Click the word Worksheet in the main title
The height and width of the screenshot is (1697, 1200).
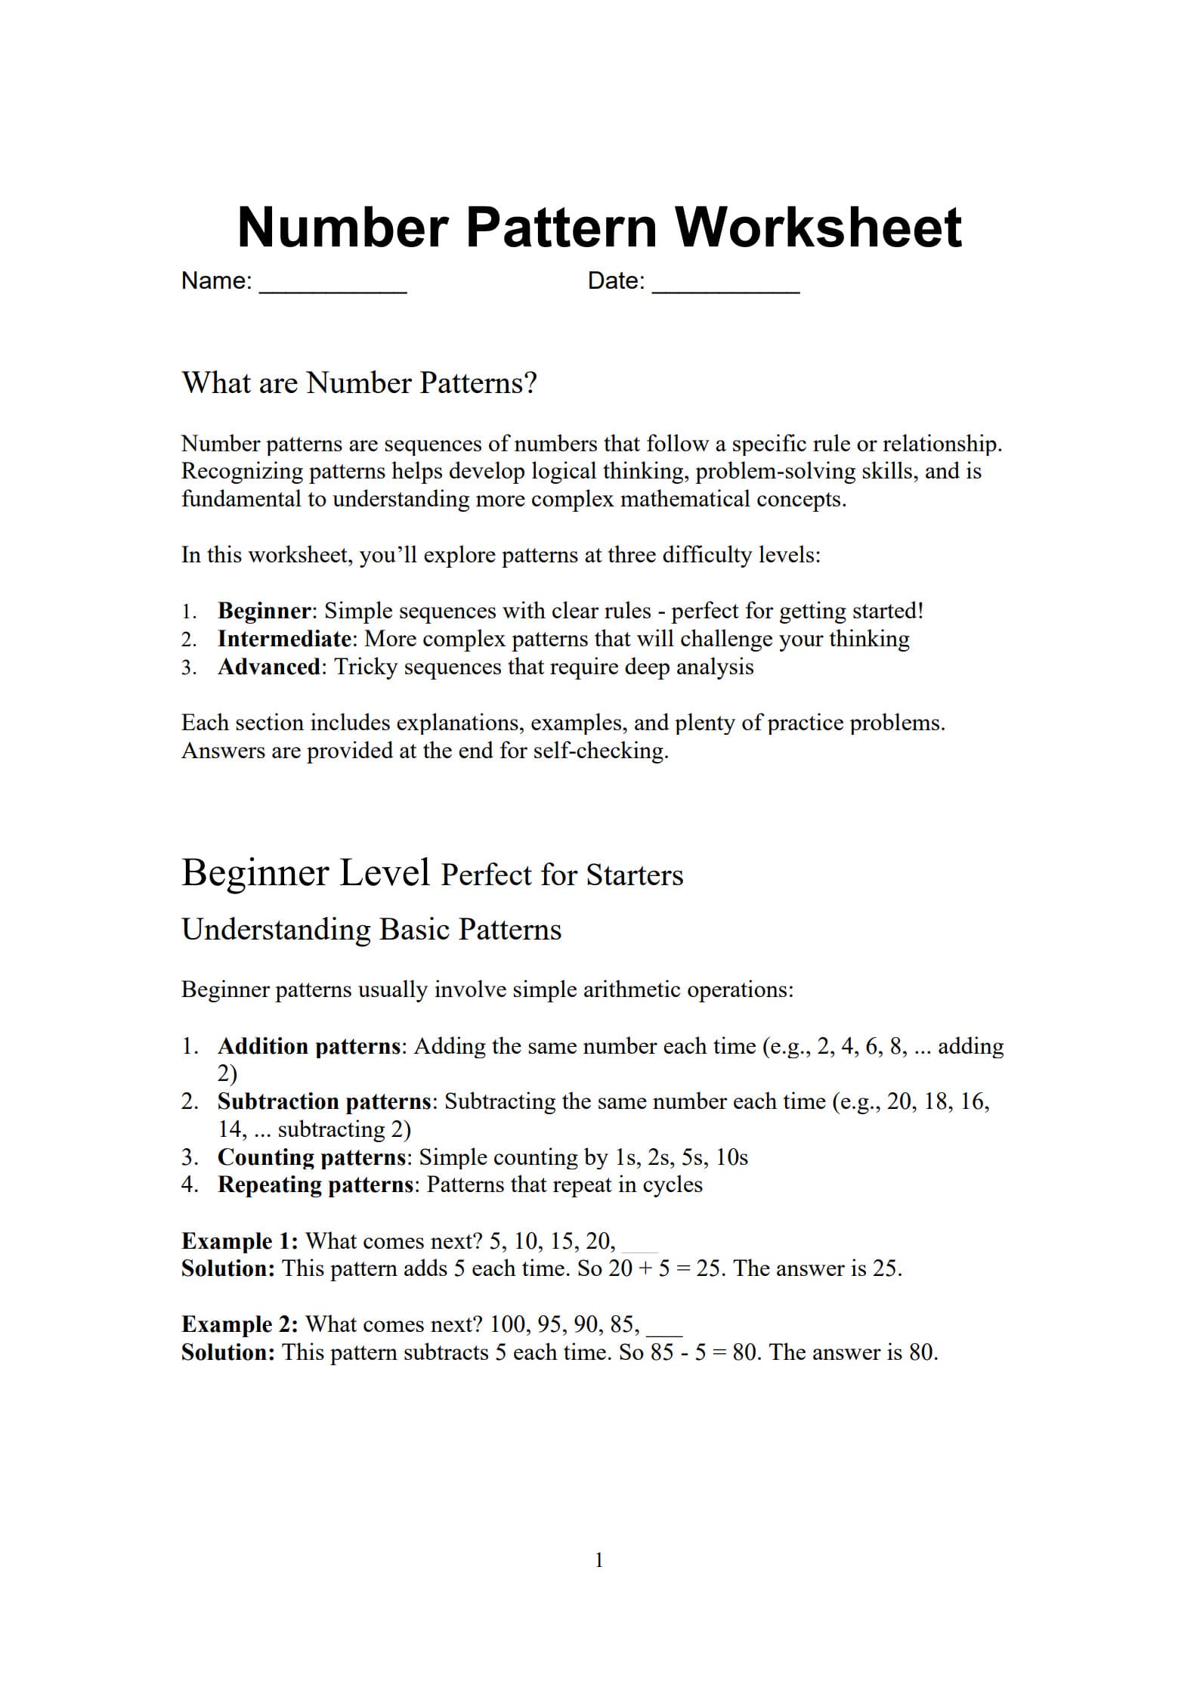[x=818, y=227]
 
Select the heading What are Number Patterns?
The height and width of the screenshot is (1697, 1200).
[x=359, y=383]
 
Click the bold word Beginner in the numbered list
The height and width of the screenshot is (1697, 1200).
[x=264, y=611]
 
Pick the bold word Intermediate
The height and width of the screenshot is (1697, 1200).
[x=284, y=639]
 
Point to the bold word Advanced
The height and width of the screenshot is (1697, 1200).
[x=269, y=667]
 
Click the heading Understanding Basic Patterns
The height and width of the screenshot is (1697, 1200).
[x=371, y=929]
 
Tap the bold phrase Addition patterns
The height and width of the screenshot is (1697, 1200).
[x=308, y=1046]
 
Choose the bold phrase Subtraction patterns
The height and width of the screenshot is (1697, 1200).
[x=323, y=1101]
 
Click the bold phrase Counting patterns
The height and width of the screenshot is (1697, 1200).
[x=311, y=1157]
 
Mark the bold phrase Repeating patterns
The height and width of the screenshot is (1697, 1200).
[x=315, y=1184]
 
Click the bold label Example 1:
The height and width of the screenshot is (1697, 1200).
[x=240, y=1241]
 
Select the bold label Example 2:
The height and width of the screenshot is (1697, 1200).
[x=240, y=1324]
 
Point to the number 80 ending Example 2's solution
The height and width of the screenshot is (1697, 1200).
[x=921, y=1352]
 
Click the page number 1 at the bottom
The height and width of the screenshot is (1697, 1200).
[x=599, y=1560]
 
